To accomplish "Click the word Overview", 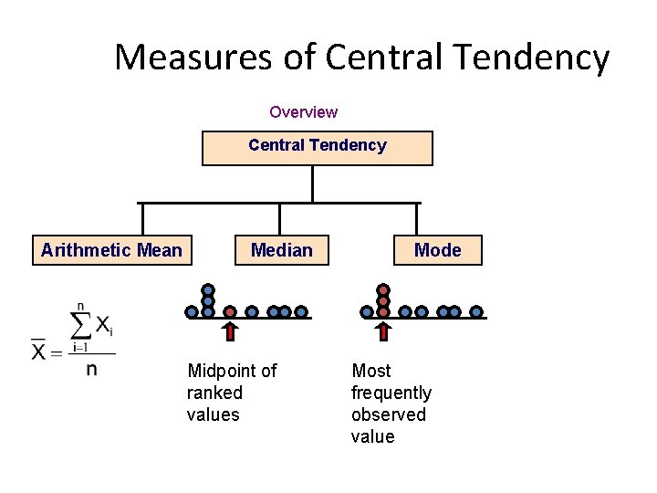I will [x=303, y=112].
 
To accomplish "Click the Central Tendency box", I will [x=318, y=147].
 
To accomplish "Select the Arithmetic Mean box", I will [x=112, y=250].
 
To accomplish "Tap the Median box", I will [x=282, y=250].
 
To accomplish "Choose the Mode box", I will [x=438, y=250].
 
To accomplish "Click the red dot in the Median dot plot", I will [x=230, y=311].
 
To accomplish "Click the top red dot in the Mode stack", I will [x=383, y=290].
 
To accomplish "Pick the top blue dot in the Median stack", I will [x=208, y=290].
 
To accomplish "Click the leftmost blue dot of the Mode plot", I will [x=367, y=311].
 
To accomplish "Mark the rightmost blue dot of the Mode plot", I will [x=476, y=311].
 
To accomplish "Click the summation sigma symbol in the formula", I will [x=81, y=324].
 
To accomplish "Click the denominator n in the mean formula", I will [x=91, y=370].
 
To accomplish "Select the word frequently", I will [x=391, y=393].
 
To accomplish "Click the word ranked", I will [x=214, y=393].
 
